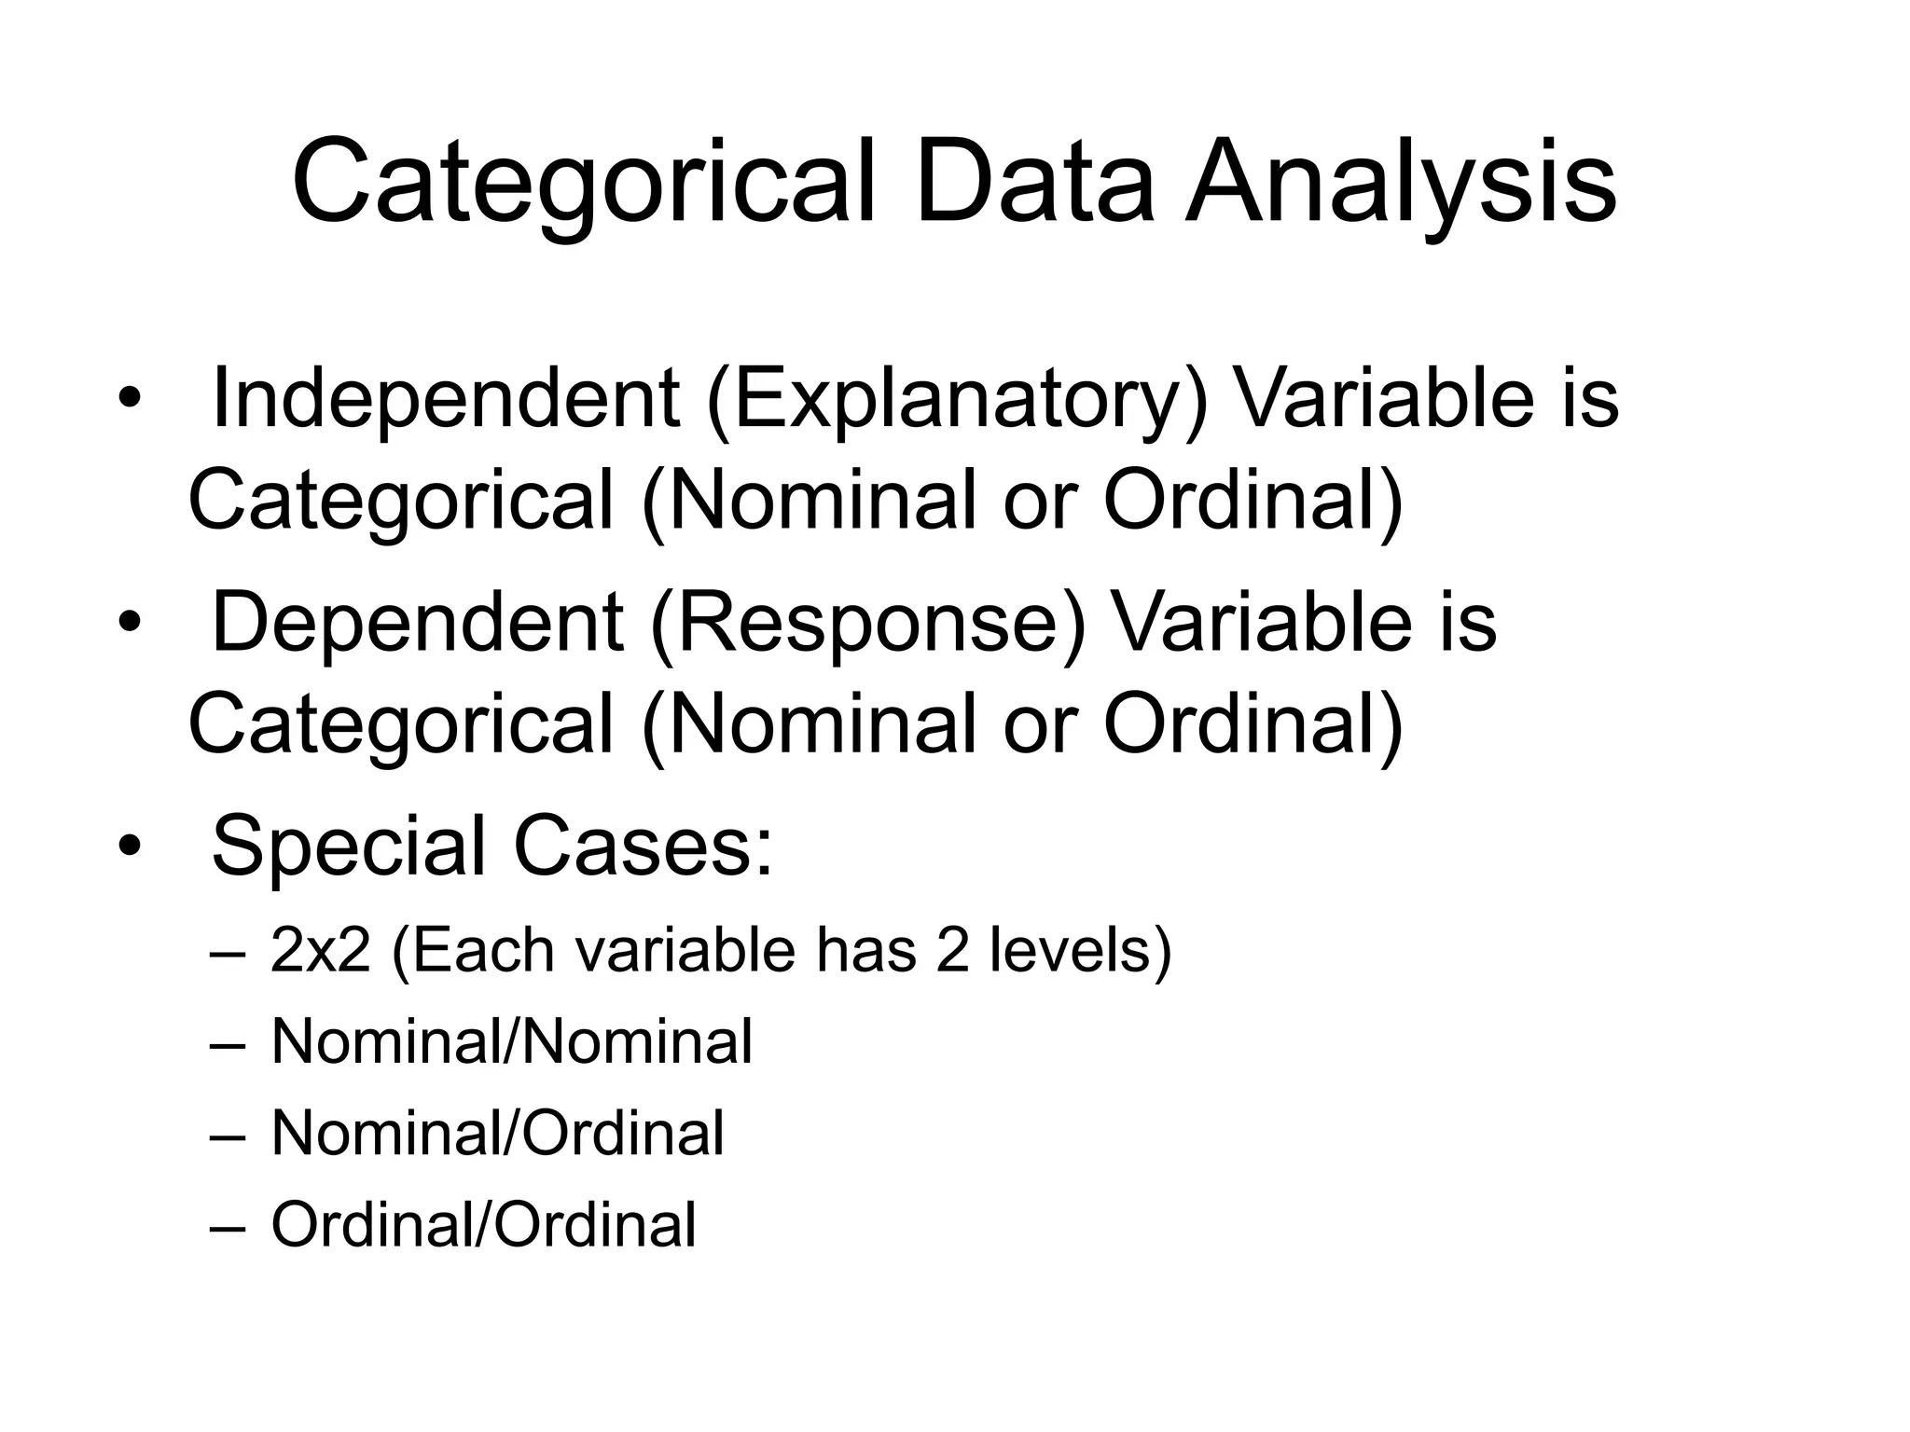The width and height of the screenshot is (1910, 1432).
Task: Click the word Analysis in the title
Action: click(x=1401, y=183)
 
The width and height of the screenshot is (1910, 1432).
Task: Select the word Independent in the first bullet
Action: click(x=446, y=399)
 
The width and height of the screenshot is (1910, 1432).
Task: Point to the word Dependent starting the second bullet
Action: click(x=417, y=622)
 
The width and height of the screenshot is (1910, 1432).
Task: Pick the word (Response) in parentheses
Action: click(x=868, y=624)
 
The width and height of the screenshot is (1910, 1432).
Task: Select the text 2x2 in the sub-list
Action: click(x=320, y=951)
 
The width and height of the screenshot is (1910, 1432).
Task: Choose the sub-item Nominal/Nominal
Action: click(x=511, y=1041)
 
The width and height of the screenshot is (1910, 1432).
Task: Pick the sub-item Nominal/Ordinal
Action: click(x=497, y=1133)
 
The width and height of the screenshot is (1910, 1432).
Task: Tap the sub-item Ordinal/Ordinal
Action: click(x=483, y=1224)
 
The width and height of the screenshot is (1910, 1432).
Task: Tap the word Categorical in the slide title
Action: click(x=585, y=183)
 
